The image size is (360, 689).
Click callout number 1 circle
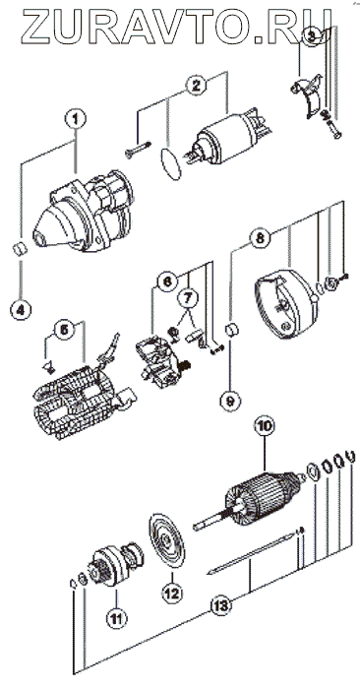click(75, 118)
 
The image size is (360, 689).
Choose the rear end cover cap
click(286, 304)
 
